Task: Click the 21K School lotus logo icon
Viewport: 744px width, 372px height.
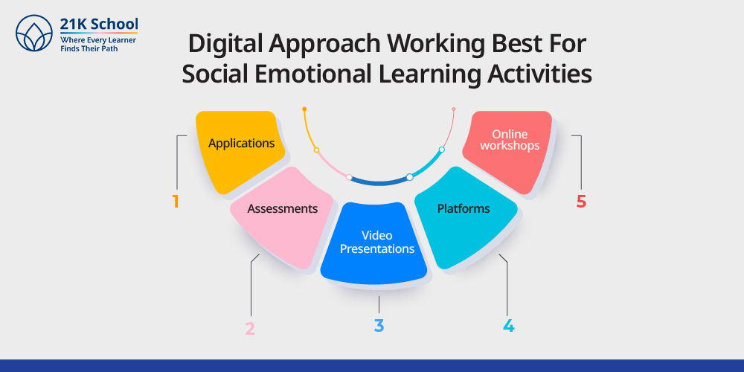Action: [x=33, y=33]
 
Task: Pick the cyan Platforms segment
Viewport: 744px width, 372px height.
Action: [x=464, y=217]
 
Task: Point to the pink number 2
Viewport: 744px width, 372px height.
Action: [x=250, y=329]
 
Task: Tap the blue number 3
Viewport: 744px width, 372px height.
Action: [x=379, y=326]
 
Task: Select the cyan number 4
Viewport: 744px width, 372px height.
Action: [x=508, y=326]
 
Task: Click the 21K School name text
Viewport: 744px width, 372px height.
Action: [x=99, y=24]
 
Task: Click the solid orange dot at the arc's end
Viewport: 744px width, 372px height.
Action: [x=304, y=109]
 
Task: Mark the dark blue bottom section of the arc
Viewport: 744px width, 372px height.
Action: [x=379, y=182]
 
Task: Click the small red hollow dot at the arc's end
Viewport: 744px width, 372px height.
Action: [x=454, y=109]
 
